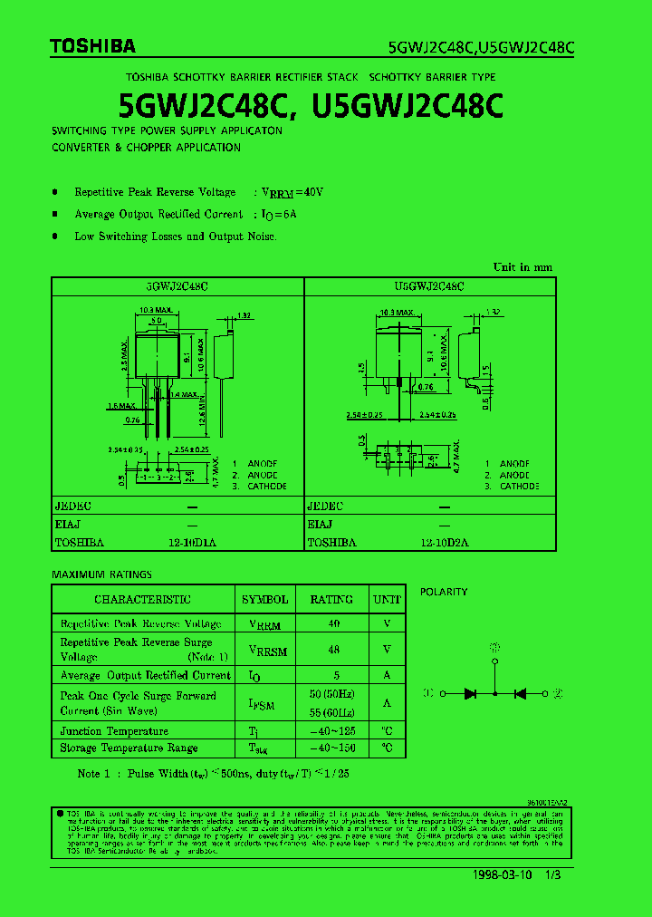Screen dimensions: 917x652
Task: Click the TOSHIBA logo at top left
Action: point(93,46)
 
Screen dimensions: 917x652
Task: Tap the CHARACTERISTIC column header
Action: point(142,600)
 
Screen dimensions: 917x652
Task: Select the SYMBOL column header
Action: point(264,600)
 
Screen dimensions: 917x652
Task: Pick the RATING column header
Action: point(331,600)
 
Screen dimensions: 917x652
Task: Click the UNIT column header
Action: point(387,600)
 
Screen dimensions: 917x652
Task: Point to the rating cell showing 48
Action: point(333,650)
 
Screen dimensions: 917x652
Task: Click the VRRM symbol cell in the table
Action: point(264,625)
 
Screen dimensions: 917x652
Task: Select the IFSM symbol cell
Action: point(262,704)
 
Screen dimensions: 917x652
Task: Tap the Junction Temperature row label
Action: point(114,731)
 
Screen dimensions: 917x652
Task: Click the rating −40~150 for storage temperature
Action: point(332,748)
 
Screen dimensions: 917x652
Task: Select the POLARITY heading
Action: point(444,592)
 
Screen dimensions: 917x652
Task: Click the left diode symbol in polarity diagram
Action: point(470,693)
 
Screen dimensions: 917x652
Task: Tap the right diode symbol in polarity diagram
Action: point(520,693)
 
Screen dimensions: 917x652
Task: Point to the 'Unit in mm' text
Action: point(523,267)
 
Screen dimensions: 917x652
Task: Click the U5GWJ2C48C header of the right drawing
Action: point(429,286)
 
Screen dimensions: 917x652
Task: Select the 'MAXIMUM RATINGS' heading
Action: point(101,574)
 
